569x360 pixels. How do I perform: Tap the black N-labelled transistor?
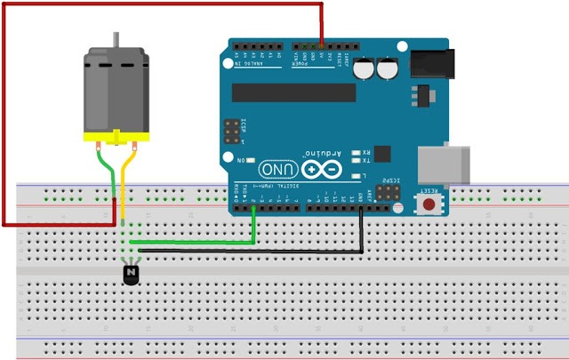pos(132,274)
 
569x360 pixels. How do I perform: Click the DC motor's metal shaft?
pos(115,40)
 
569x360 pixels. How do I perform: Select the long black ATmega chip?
pos(293,93)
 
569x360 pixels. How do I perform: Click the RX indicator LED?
pos(356,152)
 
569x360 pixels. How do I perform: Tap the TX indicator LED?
pos(356,162)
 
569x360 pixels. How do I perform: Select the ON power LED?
pos(252,160)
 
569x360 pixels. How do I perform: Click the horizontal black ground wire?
pos(249,252)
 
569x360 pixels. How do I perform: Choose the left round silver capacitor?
pos(365,68)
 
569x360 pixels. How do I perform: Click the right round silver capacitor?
pos(388,68)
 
